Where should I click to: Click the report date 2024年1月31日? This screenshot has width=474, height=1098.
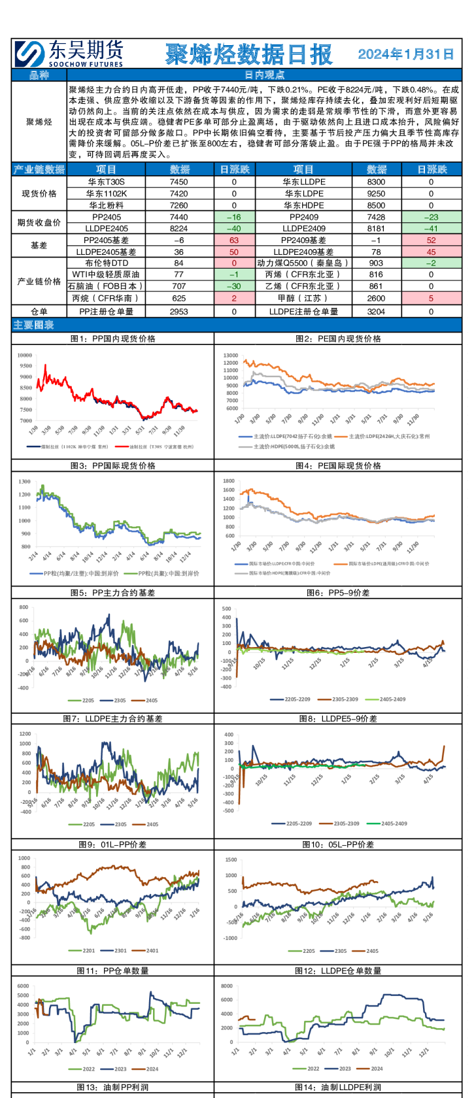coord(405,54)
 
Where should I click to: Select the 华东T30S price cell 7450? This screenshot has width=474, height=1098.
coord(178,182)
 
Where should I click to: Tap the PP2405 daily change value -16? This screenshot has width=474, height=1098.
coord(234,217)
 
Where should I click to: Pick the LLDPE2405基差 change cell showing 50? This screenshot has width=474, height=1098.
coord(234,252)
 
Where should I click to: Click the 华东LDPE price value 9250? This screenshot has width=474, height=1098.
coord(376,194)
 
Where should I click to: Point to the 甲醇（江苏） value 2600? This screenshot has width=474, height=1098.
coord(376,298)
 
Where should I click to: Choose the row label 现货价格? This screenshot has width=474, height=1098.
coord(39,194)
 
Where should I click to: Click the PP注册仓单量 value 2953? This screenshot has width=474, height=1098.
coord(178,312)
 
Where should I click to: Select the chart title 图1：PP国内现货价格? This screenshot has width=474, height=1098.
coord(112,339)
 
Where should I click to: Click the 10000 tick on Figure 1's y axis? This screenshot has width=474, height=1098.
coord(25,356)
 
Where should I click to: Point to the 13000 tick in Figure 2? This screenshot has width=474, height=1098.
coord(230,356)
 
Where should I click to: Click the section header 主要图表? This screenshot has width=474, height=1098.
coord(33,325)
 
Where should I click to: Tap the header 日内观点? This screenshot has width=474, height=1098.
coord(264,75)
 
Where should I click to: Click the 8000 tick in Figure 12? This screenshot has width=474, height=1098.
coord(226,986)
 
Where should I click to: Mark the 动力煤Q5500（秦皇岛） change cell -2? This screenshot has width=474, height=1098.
coord(431,263)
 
